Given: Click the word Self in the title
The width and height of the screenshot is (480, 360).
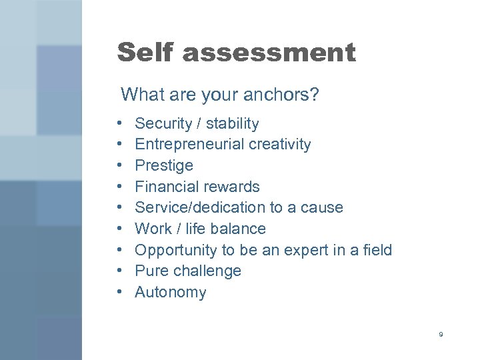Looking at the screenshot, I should click(x=144, y=52).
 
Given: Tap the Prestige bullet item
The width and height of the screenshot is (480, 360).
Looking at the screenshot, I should click(x=163, y=165).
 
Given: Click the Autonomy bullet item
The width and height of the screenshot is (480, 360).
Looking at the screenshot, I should click(x=170, y=293).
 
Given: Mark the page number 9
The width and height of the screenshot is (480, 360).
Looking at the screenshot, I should click(x=441, y=334).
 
